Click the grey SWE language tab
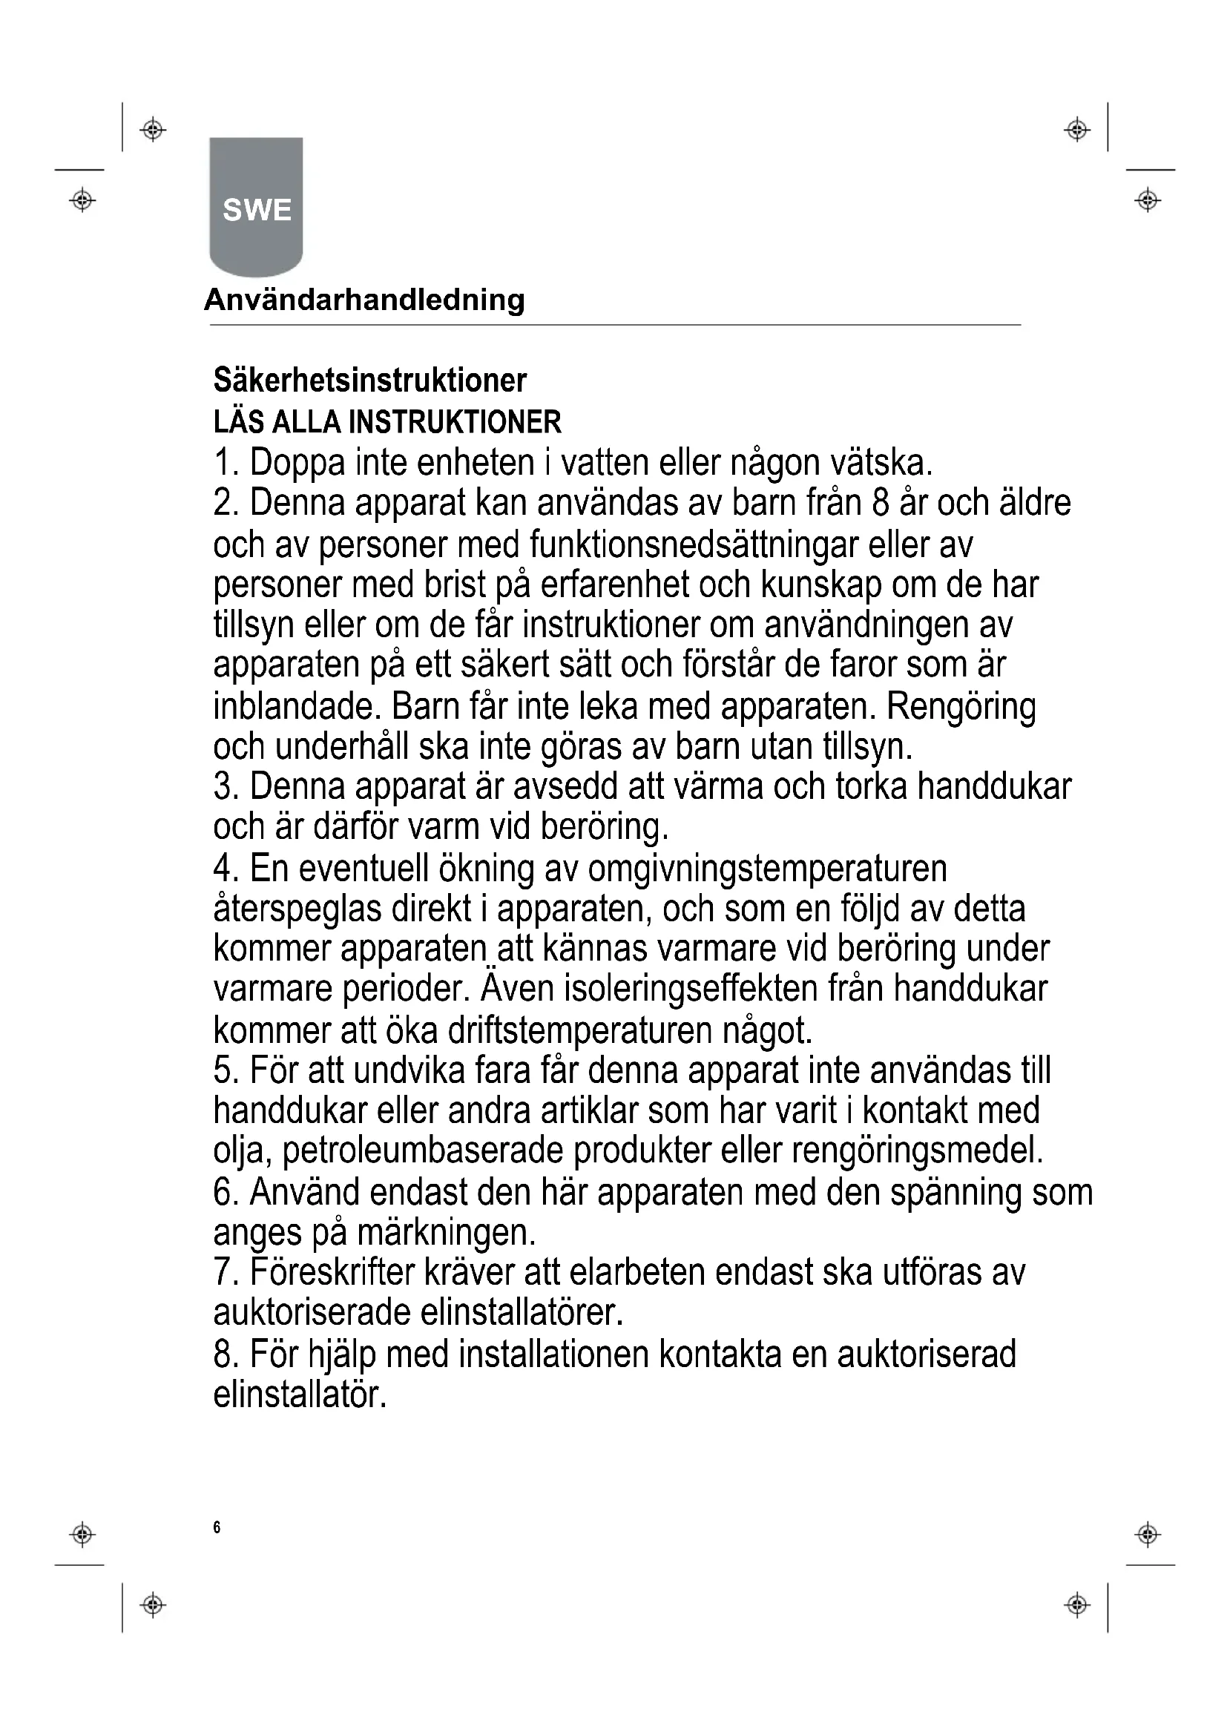(x=256, y=207)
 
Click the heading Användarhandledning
(x=364, y=300)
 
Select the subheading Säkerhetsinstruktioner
(x=369, y=380)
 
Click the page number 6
(x=217, y=1527)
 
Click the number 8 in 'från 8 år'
(x=881, y=503)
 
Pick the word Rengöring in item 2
(x=961, y=707)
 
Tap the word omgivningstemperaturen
(x=767, y=869)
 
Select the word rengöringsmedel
(x=917, y=1151)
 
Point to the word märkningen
(x=446, y=1233)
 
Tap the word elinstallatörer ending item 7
(x=522, y=1313)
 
